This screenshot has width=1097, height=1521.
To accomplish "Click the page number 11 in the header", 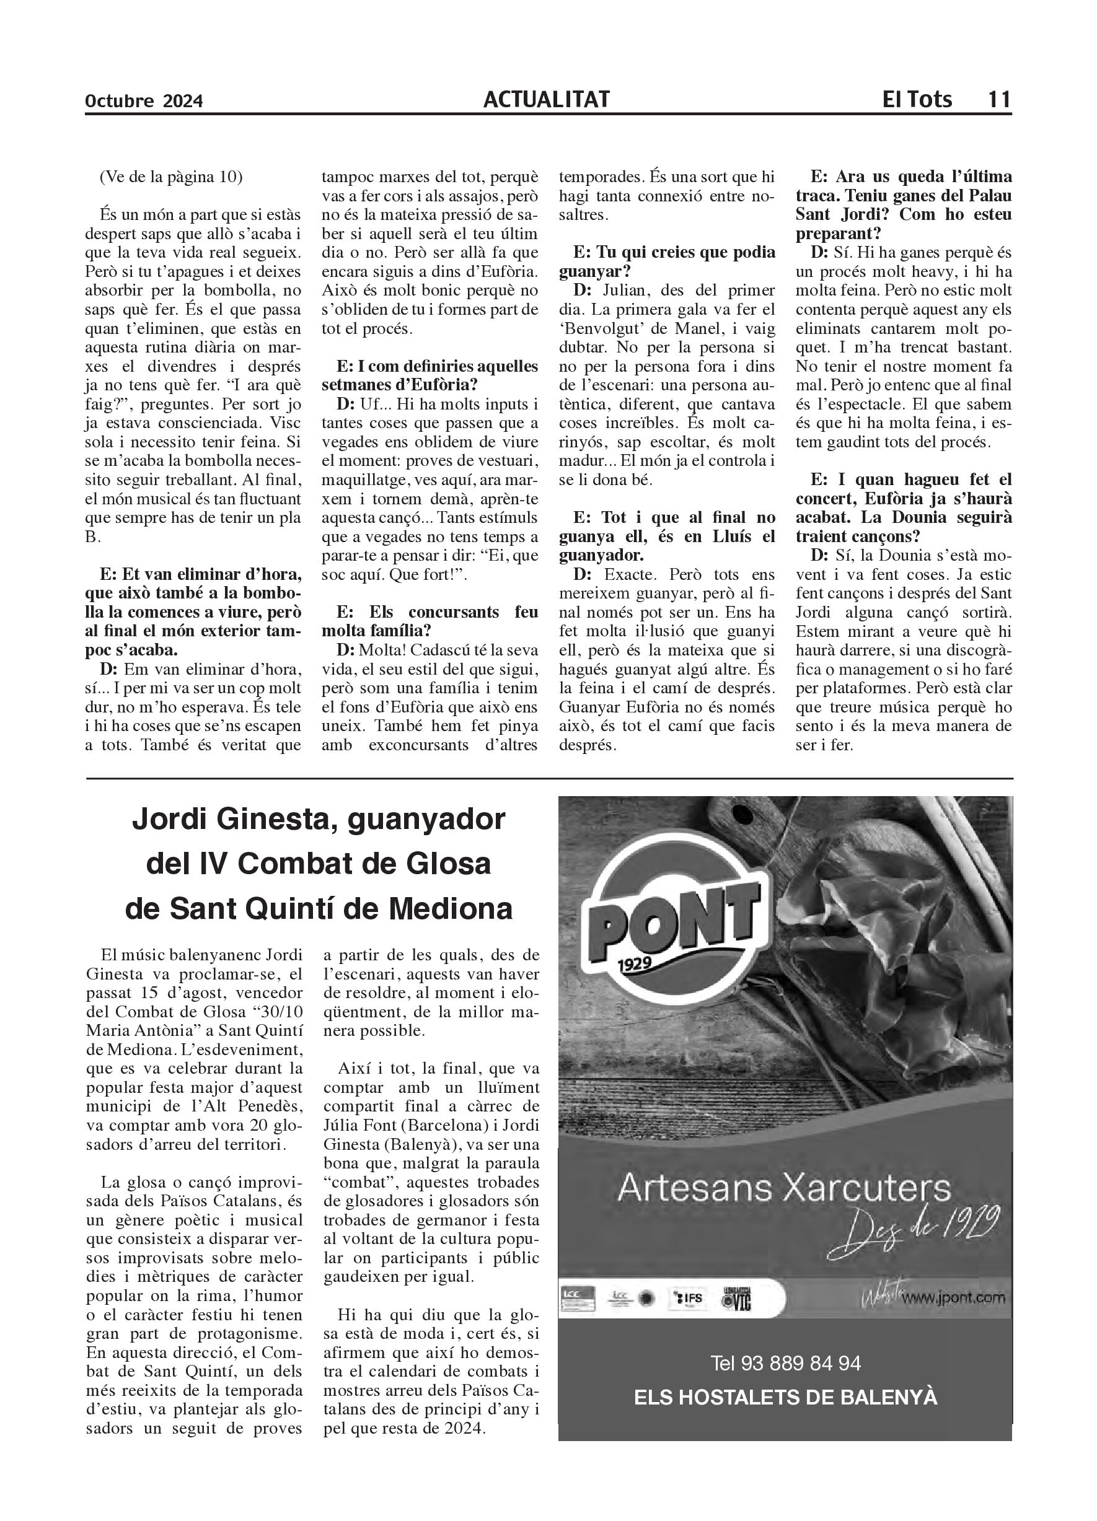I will (x=998, y=100).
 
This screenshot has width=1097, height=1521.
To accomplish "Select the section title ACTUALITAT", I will (x=546, y=100).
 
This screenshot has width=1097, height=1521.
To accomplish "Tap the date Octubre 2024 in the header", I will (x=144, y=101).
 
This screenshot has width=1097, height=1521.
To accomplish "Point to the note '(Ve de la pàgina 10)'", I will (x=171, y=177).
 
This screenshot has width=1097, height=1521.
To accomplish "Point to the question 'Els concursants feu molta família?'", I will (x=430, y=621).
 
